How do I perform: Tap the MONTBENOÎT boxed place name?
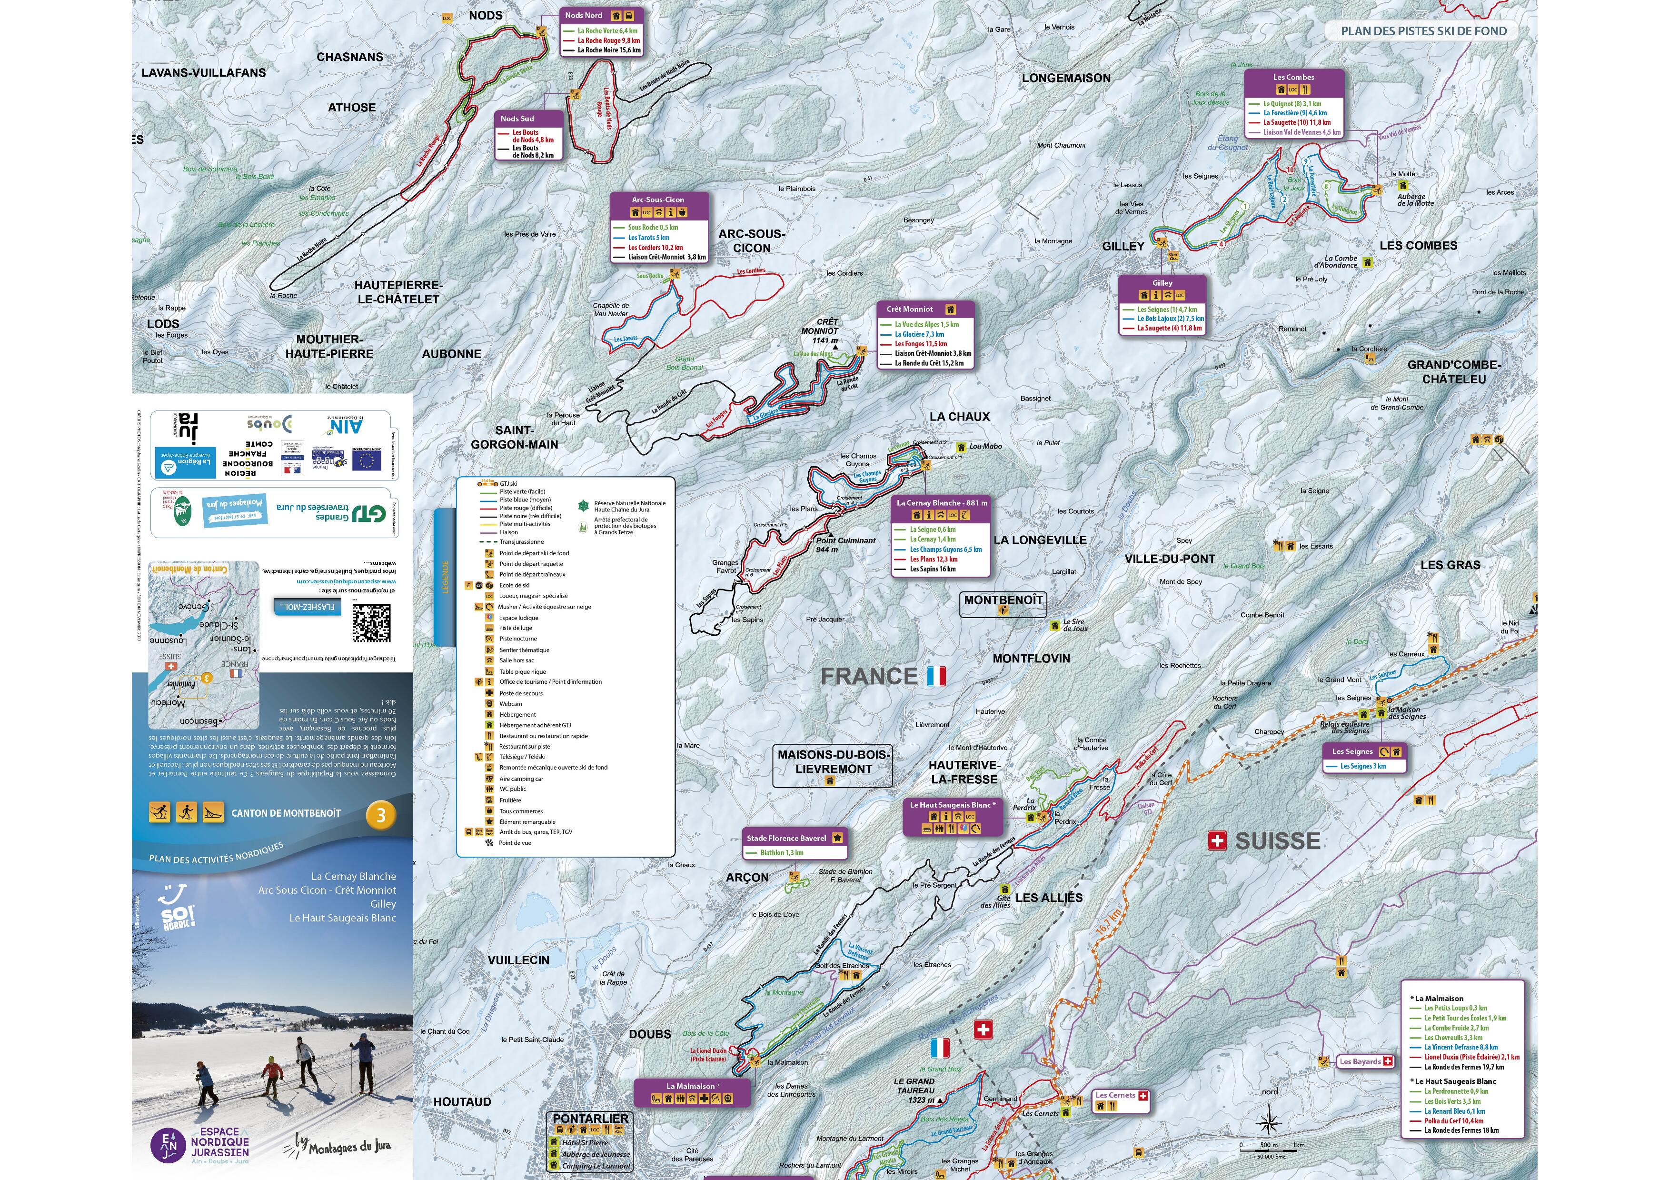tap(1003, 600)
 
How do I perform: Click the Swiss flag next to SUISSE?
tap(1217, 841)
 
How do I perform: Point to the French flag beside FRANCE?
tap(936, 676)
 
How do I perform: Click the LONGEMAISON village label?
tap(1066, 78)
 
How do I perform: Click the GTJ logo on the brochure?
tap(368, 513)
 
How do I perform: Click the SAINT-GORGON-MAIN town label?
tap(514, 437)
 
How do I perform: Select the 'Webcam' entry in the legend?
tap(510, 704)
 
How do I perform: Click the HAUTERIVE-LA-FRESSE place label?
tap(964, 772)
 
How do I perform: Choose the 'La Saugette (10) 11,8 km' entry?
tap(1296, 122)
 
